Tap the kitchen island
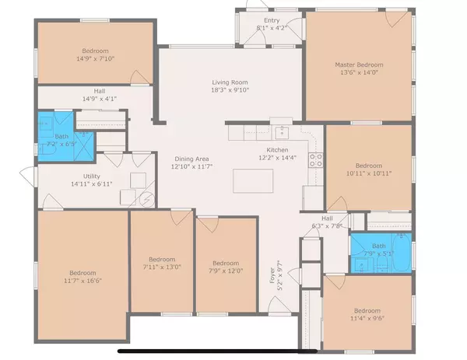(x=255, y=181)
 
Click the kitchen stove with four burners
(x=317, y=161)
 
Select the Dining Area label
(x=191, y=158)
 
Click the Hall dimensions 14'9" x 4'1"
(x=99, y=99)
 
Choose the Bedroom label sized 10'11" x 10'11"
(x=368, y=166)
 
